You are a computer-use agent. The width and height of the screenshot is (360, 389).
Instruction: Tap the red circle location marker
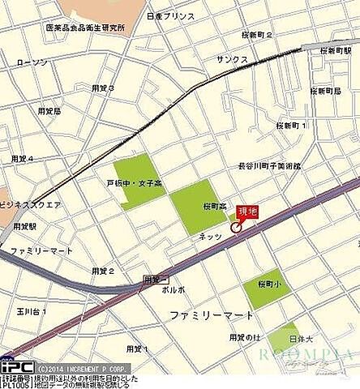236,227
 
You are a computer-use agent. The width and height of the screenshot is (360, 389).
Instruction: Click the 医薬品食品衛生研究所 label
85,28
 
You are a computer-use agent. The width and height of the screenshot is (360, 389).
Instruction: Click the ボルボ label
174,289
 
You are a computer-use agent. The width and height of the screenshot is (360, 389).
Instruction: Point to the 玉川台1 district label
33,310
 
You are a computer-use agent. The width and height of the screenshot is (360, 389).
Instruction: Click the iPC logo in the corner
15,366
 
